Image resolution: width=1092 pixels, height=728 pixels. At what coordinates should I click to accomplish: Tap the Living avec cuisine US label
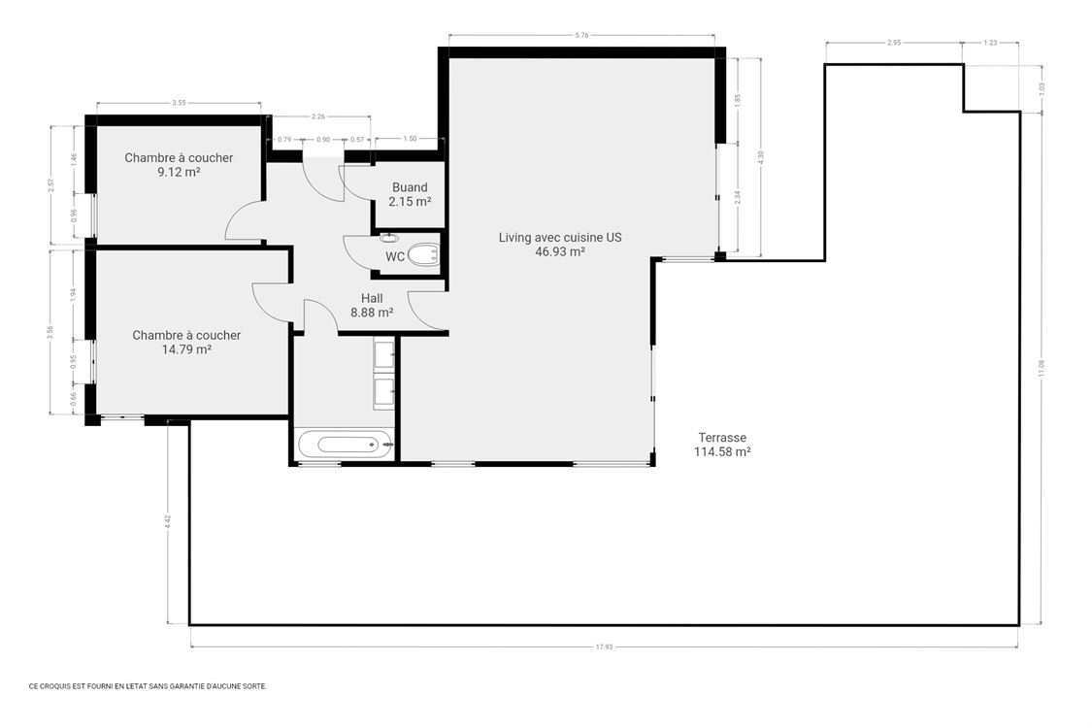click(559, 244)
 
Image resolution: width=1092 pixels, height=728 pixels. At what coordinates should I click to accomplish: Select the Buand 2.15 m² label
click(410, 194)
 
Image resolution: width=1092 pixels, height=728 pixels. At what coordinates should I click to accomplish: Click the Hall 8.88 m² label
click(372, 306)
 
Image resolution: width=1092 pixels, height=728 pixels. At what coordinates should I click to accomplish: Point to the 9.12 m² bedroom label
click(179, 164)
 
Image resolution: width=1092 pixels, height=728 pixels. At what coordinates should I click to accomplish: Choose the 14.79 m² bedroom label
click(186, 342)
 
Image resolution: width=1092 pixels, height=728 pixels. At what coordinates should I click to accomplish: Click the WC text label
click(395, 257)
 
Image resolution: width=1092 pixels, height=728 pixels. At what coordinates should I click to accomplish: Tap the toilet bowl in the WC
click(422, 255)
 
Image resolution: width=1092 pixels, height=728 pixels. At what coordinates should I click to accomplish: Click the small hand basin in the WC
click(389, 238)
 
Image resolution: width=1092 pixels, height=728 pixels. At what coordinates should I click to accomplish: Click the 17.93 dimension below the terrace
click(604, 647)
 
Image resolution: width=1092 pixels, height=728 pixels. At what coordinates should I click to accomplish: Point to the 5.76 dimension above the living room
click(581, 36)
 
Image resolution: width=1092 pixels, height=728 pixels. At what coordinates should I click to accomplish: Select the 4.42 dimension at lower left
click(168, 520)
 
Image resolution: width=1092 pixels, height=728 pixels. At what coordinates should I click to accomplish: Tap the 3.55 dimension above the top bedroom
click(179, 103)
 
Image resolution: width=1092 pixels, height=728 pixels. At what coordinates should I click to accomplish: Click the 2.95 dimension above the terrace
click(893, 43)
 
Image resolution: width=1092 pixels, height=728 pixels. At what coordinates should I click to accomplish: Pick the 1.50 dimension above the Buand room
click(410, 139)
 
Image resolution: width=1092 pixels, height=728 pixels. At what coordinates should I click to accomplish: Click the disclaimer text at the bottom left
click(147, 685)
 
